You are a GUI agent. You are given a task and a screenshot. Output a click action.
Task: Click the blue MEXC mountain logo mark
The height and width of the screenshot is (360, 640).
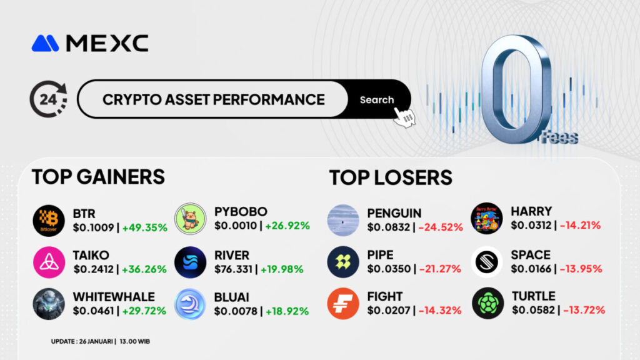(45, 43)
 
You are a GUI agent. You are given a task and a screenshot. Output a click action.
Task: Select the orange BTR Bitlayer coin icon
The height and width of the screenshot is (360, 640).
(49, 221)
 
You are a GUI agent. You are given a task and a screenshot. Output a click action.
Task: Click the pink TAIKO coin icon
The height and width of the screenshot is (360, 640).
(49, 262)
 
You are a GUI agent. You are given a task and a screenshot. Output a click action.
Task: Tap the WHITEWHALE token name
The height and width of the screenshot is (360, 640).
(114, 297)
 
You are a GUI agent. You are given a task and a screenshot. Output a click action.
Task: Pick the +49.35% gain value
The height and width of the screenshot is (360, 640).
(144, 227)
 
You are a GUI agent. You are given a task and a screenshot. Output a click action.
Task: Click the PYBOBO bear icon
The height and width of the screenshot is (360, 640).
(190, 219)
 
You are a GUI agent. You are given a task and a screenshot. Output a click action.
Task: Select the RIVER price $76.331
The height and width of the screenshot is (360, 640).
(234, 269)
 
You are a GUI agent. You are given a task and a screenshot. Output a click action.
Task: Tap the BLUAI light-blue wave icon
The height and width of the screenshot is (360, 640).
(190, 304)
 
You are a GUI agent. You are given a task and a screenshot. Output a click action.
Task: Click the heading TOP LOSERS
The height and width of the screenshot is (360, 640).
(391, 177)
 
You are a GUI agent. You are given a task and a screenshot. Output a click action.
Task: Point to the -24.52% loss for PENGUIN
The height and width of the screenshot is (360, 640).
(441, 227)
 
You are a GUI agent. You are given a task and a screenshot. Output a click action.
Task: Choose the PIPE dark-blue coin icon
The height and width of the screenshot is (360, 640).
(343, 262)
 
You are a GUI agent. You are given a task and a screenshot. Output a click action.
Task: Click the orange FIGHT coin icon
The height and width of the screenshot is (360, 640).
(343, 304)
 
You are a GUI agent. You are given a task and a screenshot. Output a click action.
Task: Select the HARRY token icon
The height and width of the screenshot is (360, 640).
(486, 218)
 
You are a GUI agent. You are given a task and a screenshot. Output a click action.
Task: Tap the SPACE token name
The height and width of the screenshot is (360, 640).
(531, 255)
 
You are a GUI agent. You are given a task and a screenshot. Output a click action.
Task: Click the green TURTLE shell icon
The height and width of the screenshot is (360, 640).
(487, 303)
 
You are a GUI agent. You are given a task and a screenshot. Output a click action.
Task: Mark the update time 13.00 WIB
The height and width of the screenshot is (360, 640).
(135, 341)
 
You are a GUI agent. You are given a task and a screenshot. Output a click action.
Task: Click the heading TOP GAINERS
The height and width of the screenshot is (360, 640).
(98, 177)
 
